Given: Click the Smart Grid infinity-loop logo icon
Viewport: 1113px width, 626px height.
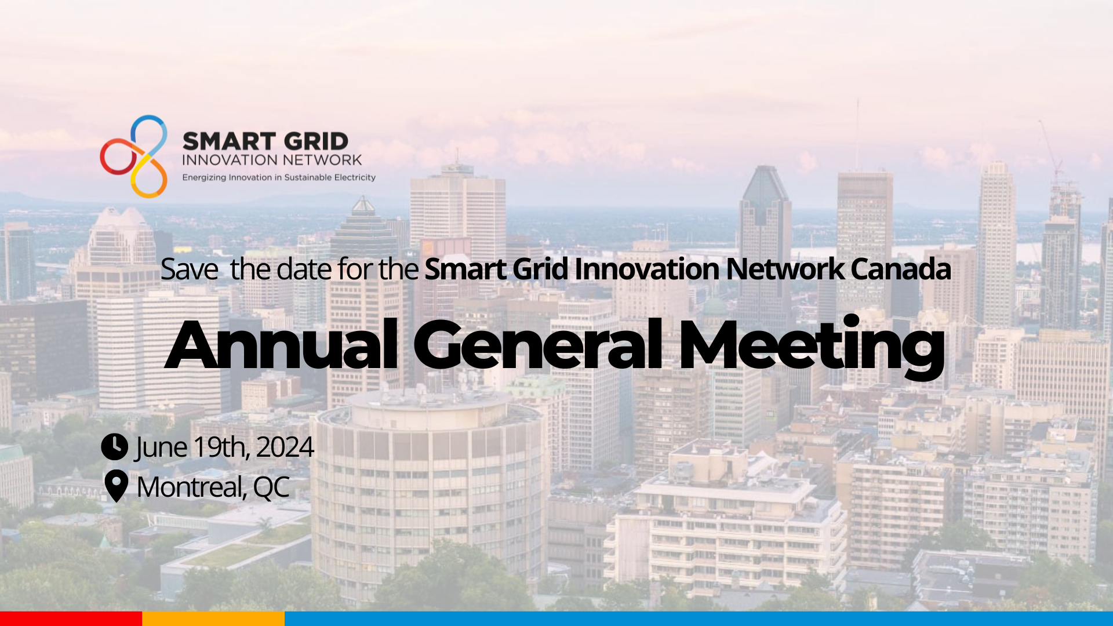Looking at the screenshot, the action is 134,156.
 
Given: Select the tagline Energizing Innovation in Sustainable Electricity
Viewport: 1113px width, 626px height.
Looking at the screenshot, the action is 279,177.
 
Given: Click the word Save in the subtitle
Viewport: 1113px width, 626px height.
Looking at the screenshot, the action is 189,270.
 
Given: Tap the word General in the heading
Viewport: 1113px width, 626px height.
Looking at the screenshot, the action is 537,345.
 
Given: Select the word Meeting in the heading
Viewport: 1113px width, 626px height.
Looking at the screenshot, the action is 812,347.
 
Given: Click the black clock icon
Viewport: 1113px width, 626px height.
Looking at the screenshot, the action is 114,447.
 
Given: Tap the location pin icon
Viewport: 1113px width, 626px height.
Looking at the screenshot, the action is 116,486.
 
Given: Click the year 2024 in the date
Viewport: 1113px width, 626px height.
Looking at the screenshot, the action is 285,447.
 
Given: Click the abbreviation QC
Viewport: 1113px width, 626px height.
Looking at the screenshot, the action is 271,487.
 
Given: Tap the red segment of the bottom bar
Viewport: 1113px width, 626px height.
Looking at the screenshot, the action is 71,618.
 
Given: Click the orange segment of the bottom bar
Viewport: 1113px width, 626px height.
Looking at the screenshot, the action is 213,618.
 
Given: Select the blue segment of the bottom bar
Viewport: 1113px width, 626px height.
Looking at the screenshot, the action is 699,618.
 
